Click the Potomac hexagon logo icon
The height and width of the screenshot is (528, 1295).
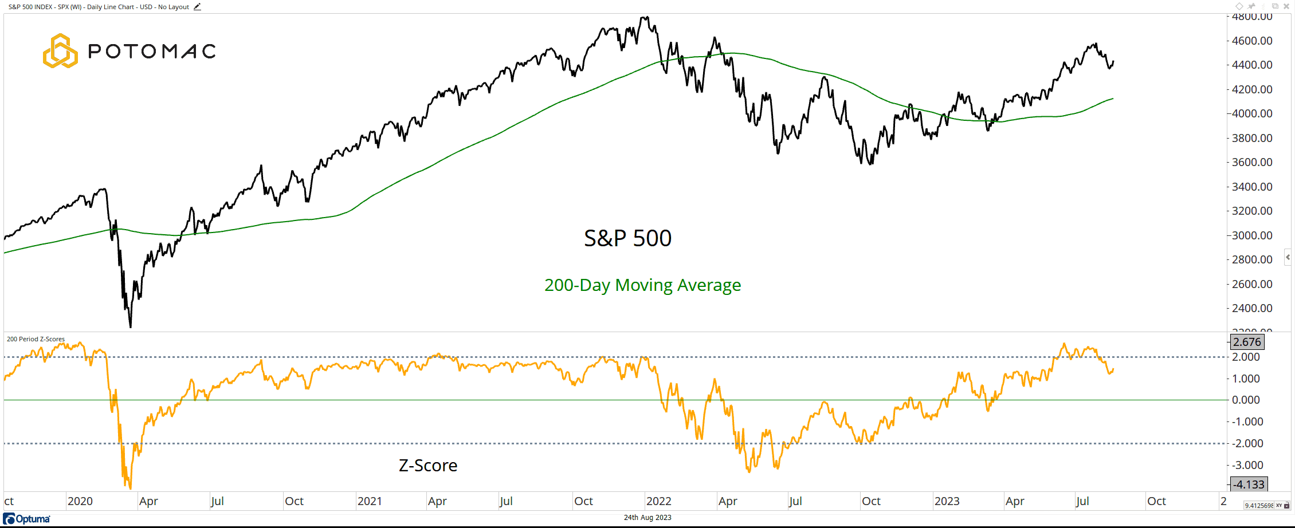coord(60,51)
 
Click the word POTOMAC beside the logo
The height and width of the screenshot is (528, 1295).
coord(152,52)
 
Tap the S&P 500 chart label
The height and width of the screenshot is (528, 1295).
coord(627,238)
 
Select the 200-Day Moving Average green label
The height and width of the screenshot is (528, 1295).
coord(642,285)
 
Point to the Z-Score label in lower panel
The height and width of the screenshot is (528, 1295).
coord(428,466)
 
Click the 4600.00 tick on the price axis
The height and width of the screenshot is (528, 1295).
coord(1252,41)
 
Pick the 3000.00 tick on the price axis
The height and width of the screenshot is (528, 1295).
coord(1252,235)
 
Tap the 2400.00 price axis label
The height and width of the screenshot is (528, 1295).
coord(1252,308)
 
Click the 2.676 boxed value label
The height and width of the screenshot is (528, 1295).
coord(1247,342)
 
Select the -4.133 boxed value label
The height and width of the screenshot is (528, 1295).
coord(1249,484)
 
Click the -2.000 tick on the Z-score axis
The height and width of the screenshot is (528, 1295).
coord(1247,443)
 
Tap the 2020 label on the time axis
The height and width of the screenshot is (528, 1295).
coord(80,501)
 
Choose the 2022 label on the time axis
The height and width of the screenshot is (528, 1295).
coord(659,501)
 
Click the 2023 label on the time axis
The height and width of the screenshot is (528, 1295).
coord(947,501)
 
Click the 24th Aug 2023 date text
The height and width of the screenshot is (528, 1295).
coord(647,518)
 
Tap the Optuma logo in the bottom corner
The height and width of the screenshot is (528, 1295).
coord(27,519)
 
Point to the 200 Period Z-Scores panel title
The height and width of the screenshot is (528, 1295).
coord(36,339)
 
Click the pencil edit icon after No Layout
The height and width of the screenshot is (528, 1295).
coord(197,7)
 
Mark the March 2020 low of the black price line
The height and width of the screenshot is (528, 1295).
coord(131,327)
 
